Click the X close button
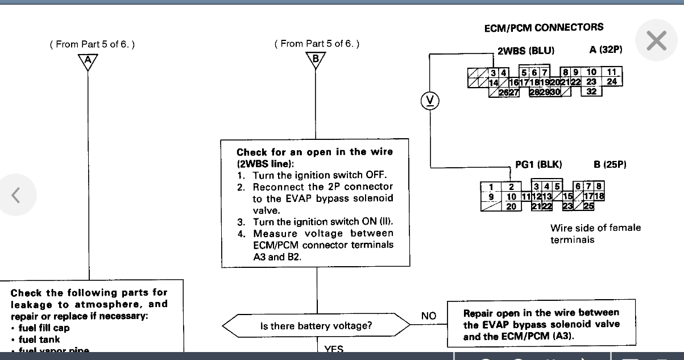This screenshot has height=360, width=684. click(x=657, y=41)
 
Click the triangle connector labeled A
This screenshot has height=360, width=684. click(x=88, y=61)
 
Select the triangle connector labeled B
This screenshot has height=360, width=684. click(x=316, y=60)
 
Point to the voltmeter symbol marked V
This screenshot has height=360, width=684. click(x=430, y=101)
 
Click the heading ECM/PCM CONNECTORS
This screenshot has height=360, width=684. click(x=544, y=27)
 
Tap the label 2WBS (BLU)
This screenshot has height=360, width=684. click(x=525, y=51)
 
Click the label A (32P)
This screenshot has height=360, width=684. click(x=606, y=50)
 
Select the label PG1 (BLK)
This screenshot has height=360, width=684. click(x=538, y=164)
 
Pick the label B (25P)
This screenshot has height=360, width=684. click(x=610, y=164)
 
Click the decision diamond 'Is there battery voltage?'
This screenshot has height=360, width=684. click(x=316, y=326)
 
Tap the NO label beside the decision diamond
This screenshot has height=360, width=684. click(x=429, y=316)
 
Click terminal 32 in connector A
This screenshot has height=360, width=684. click(x=591, y=91)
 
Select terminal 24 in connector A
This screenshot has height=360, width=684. click(x=612, y=81)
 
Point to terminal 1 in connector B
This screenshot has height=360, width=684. click(x=490, y=187)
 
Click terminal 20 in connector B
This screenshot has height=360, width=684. click(x=511, y=206)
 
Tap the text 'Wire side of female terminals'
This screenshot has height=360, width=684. click(x=595, y=234)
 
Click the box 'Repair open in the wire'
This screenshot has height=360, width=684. click(x=541, y=325)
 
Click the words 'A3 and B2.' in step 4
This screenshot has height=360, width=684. click(x=277, y=256)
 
